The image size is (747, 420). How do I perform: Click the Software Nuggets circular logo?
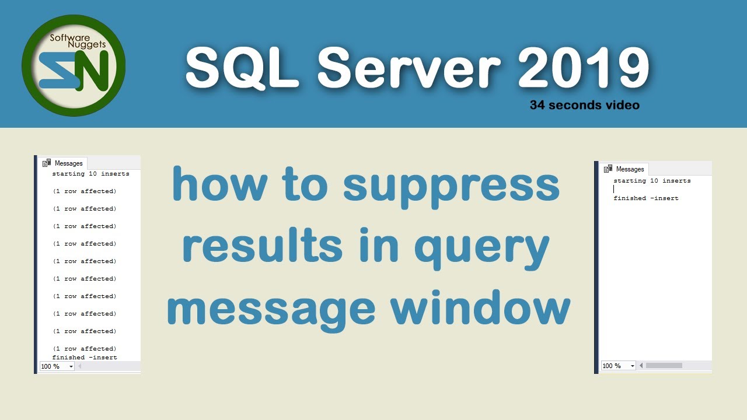[74, 65]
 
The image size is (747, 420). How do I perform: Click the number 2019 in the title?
[583, 69]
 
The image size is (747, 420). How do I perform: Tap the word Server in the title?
[409, 69]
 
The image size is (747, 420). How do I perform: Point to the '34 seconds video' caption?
[584, 106]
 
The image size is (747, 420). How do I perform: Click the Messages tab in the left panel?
[64, 163]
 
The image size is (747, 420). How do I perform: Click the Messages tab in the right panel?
[625, 169]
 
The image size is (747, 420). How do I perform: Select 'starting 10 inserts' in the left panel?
[90, 174]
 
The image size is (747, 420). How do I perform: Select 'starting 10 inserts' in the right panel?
[652, 181]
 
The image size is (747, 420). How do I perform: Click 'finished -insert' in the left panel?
[85, 357]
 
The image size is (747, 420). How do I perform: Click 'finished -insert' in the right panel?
[645, 198]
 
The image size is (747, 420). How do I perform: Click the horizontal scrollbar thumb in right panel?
[664, 366]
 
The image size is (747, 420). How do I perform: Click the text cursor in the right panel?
[614, 190]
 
